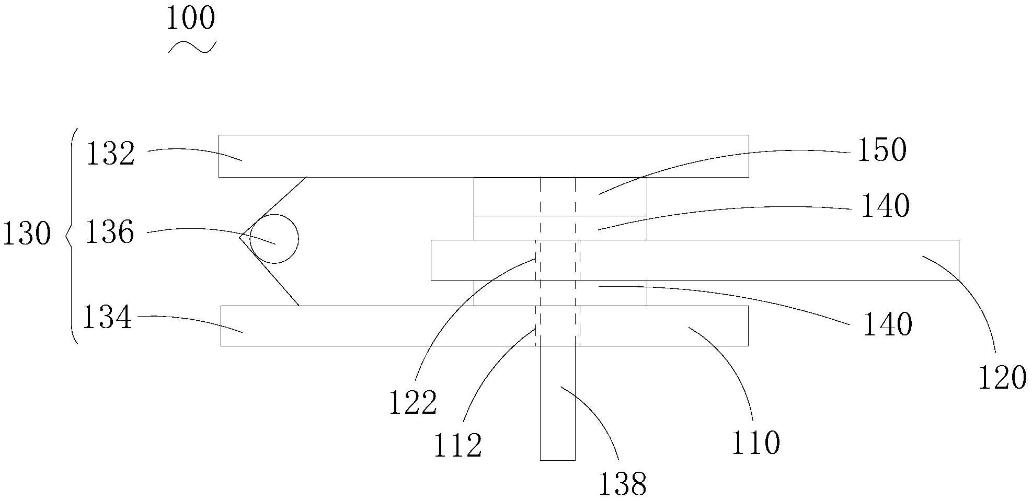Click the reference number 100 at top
point(190,19)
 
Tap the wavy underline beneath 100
point(192,47)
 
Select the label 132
point(110,155)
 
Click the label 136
point(109,232)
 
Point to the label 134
point(107,317)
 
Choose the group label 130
point(27,235)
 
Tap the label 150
point(881,150)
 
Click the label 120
point(1002,378)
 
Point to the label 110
point(755,443)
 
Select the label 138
point(622,484)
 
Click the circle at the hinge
point(274,239)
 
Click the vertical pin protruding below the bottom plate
point(557,407)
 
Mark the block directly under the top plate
point(560,196)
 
